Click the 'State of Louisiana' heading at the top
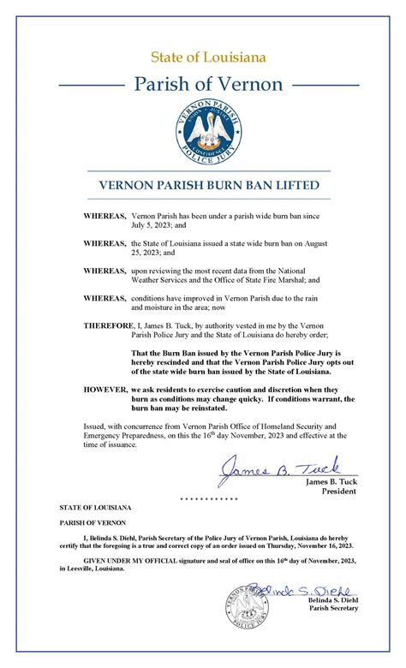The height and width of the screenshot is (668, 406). coord(202,57)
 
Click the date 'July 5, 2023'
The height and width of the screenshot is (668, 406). coord(155,225)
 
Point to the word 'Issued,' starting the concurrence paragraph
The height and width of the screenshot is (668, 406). coord(94,426)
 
